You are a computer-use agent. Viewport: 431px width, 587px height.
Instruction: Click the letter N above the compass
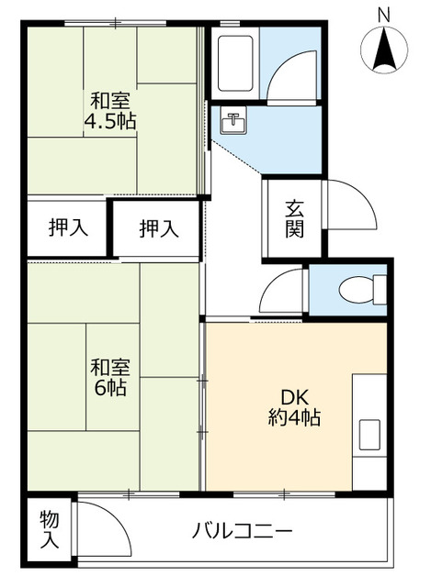384,14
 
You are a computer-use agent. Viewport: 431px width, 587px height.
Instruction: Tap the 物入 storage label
50,531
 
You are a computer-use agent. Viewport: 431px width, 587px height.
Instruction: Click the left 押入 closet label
68,228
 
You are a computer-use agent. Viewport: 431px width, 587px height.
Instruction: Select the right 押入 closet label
157,228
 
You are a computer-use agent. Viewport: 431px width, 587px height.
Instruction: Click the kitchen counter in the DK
369,404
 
